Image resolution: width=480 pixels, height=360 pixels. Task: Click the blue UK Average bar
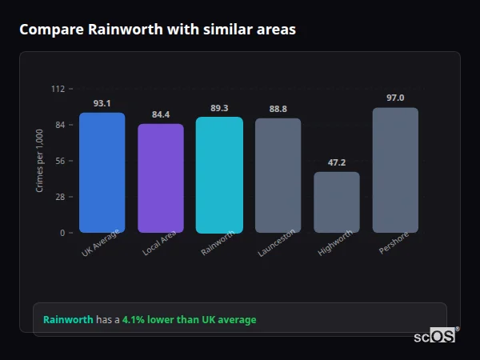point(102,173)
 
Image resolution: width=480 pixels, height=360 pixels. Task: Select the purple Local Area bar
point(161,178)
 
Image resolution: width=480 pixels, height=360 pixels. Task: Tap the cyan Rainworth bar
point(219,175)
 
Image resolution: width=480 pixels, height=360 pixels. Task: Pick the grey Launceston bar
point(278,176)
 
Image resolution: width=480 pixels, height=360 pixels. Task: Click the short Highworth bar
point(337,202)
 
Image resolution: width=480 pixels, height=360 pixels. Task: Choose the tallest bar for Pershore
point(395,170)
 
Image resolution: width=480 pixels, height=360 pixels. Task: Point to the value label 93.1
point(102,103)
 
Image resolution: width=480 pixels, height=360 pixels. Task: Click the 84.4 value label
point(161,114)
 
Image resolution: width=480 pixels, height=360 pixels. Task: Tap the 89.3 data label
point(219,108)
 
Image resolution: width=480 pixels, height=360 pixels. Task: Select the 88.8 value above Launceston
point(278,109)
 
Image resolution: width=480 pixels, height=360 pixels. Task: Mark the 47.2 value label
point(337,162)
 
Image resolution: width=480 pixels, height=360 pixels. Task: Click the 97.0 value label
point(395,98)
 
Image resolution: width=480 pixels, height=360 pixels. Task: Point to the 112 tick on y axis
point(58,89)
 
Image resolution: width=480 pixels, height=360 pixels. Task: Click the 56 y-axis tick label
point(60,161)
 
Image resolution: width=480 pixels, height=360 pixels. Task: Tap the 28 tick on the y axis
point(60,197)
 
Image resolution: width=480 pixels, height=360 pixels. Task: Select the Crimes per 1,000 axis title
point(40,160)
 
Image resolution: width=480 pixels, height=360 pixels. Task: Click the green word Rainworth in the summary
point(68,320)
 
